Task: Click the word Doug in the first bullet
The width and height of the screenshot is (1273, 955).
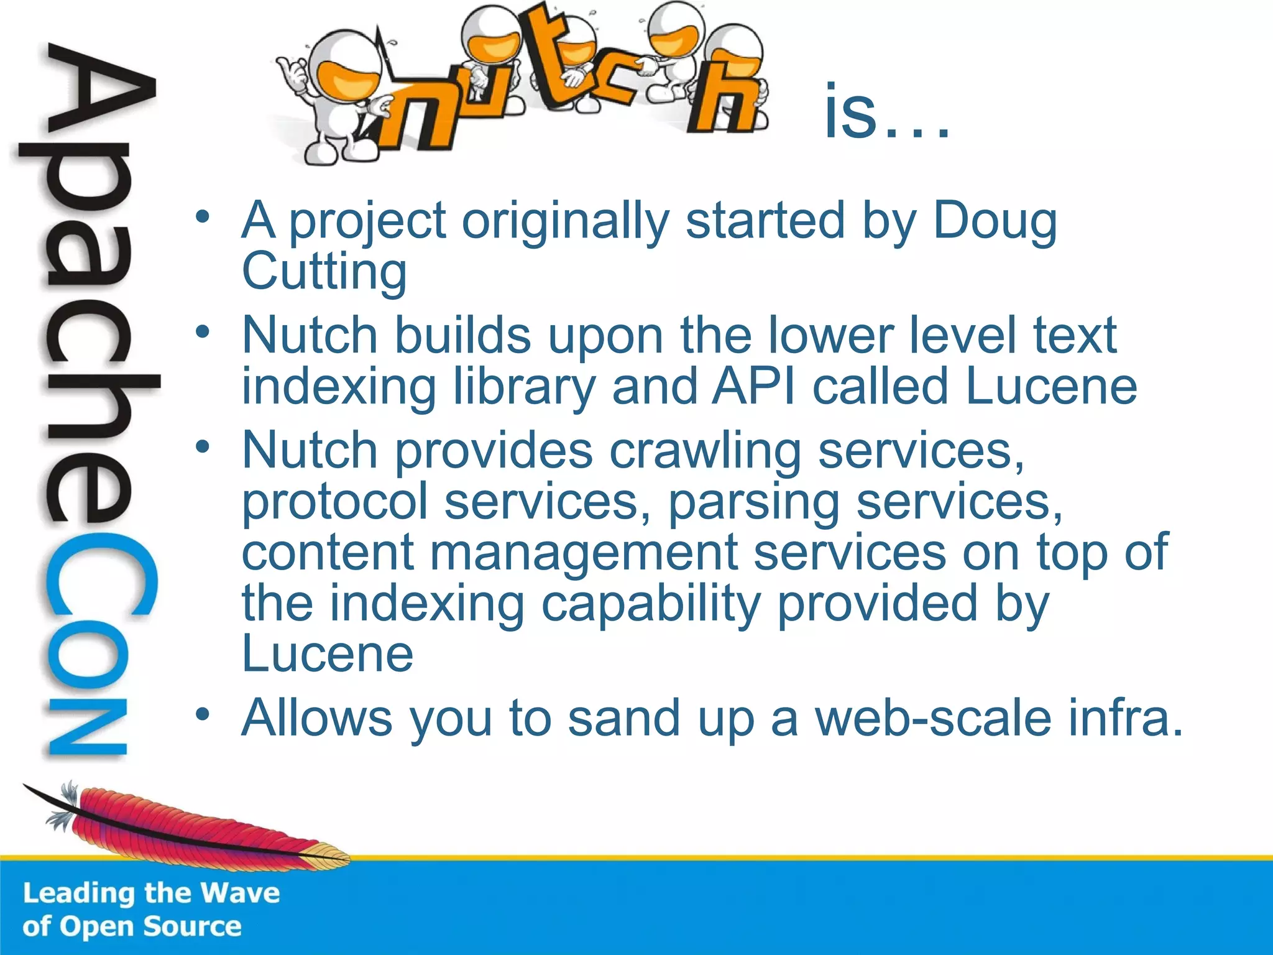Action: click(x=995, y=222)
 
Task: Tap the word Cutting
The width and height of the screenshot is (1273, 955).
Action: click(x=324, y=272)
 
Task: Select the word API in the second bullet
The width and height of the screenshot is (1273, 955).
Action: click(x=753, y=387)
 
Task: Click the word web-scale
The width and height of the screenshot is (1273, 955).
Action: click(x=933, y=718)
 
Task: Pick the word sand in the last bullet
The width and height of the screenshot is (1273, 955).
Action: click(x=624, y=718)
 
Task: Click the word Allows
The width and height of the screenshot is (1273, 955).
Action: click(x=316, y=718)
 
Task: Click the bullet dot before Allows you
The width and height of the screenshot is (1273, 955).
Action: click(x=202, y=715)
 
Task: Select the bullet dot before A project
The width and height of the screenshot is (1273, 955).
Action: click(x=202, y=218)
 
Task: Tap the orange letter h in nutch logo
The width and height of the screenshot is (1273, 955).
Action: click(x=724, y=99)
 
